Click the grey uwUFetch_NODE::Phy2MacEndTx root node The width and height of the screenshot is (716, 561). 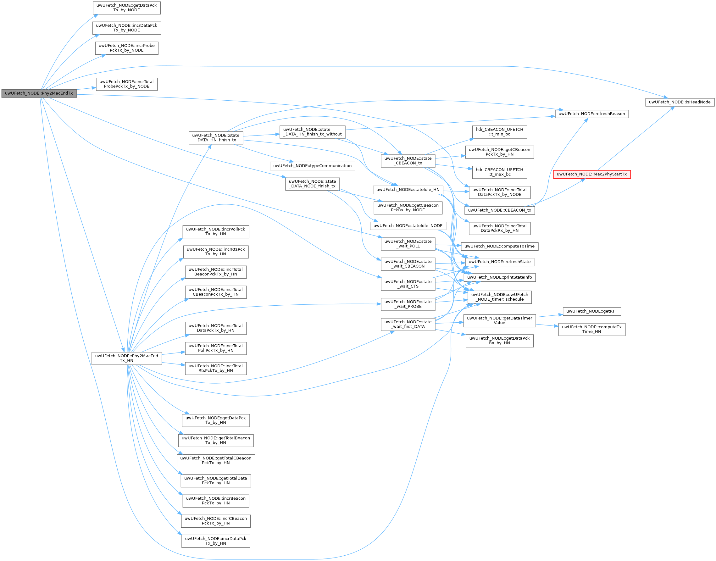(39, 93)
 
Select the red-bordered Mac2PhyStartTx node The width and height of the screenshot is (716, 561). (591, 174)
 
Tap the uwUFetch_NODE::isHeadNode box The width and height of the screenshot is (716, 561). (680, 102)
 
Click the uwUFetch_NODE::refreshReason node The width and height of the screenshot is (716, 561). (591, 114)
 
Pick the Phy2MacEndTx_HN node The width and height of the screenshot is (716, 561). (126, 358)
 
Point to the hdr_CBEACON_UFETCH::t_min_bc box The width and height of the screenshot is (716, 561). (499, 132)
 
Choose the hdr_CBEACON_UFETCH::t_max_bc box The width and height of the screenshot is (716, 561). (499, 172)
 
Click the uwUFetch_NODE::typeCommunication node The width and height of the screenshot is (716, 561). (312, 166)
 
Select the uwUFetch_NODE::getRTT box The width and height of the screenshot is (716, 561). (591, 311)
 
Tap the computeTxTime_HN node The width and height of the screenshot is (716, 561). (591, 329)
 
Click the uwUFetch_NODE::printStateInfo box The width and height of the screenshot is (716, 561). (499, 277)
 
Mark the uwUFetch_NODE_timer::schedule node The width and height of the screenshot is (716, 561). (499, 297)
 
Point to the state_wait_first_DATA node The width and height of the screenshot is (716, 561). (408, 324)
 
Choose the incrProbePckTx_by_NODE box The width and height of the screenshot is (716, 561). (126, 48)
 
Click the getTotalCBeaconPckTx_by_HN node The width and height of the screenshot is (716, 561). (215, 460)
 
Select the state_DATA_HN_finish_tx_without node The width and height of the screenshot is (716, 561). (312, 132)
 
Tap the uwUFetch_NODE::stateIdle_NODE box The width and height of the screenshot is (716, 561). (408, 226)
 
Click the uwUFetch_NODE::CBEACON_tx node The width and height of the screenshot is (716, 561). (499, 210)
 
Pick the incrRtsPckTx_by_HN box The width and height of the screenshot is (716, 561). (215, 252)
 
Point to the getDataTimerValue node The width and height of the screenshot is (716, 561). (499, 320)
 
